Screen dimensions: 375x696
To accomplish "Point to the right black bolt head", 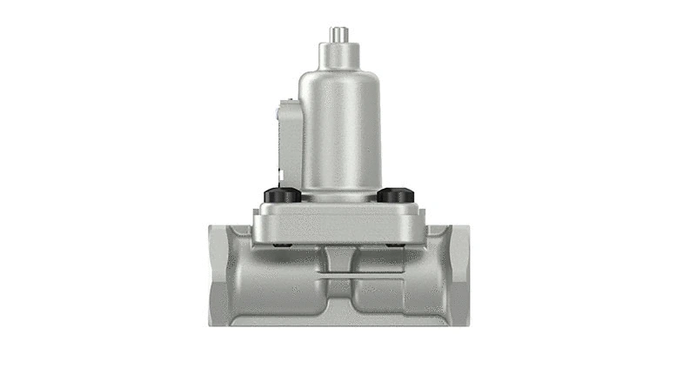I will click(395, 196).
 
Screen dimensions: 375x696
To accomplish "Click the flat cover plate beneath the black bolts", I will click(339, 223).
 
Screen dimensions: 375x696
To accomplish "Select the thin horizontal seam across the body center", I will click(340, 276).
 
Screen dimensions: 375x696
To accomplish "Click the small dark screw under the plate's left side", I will click(277, 244).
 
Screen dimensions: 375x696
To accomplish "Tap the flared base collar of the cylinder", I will click(340, 192).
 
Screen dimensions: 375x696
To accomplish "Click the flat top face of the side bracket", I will click(286, 103).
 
